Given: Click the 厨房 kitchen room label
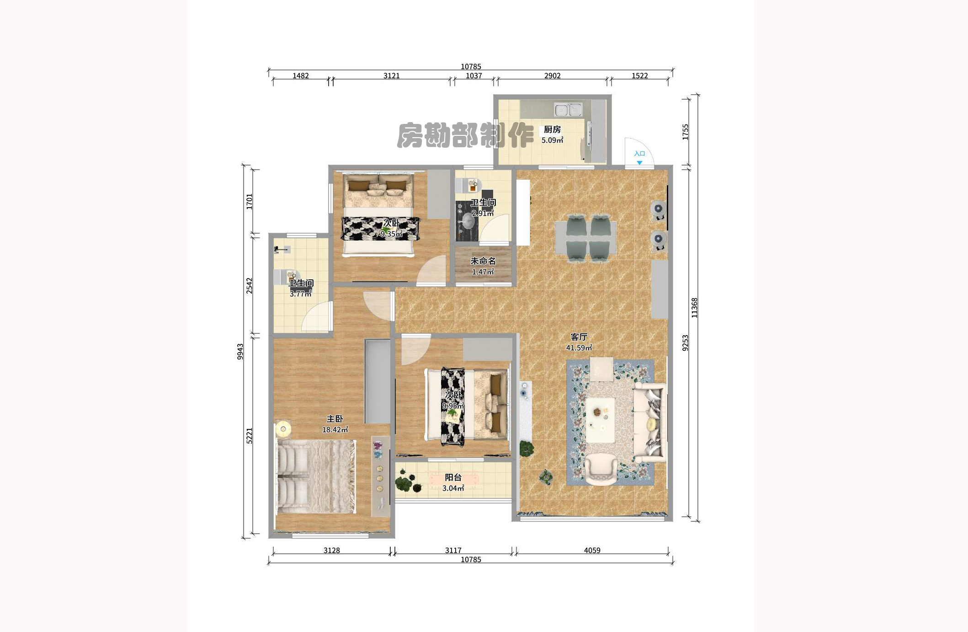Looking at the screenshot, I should click(x=552, y=129).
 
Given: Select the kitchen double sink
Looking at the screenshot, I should click(x=568, y=110).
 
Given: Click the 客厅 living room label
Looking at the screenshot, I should click(x=579, y=337).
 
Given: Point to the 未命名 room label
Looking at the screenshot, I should click(x=483, y=261).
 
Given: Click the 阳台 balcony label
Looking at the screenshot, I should click(x=453, y=477).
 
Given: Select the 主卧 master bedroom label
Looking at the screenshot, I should click(x=335, y=419).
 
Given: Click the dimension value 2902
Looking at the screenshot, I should click(x=552, y=75).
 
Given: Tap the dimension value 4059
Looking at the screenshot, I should click(x=592, y=550).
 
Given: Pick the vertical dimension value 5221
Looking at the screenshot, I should click(x=249, y=435).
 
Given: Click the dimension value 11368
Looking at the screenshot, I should click(x=694, y=307).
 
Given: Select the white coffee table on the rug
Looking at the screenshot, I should click(x=600, y=420).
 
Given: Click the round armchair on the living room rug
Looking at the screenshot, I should click(x=601, y=469).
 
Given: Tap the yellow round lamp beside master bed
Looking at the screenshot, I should click(x=283, y=429).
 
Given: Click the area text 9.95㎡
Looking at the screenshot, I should click(x=453, y=406).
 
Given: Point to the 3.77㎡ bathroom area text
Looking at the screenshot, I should click(x=300, y=294).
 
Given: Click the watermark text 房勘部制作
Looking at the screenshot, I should click(x=465, y=135).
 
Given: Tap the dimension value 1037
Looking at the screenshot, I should click(x=473, y=75).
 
